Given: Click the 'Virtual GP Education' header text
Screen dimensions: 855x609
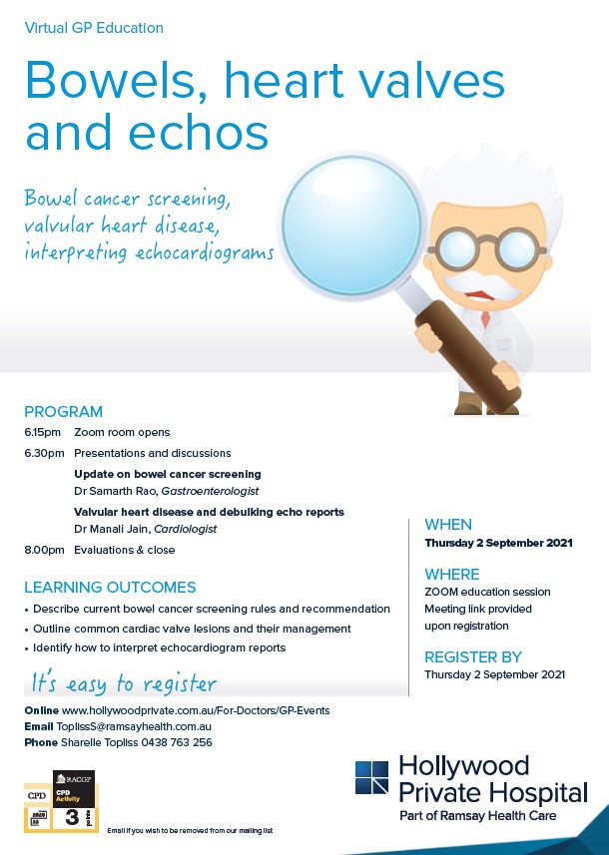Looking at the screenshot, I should click(x=94, y=28).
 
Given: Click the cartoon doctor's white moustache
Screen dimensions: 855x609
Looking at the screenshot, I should click(x=490, y=280).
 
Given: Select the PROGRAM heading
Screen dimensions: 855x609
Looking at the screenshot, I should click(x=63, y=411).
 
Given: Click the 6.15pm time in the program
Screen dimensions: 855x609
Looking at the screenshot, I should click(x=43, y=433).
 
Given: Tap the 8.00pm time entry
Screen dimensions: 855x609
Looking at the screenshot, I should click(x=43, y=550).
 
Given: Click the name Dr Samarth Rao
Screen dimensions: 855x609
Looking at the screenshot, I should click(x=122, y=492).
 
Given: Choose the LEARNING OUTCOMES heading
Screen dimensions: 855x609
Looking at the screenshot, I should click(x=110, y=588).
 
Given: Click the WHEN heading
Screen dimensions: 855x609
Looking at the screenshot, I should click(x=448, y=525).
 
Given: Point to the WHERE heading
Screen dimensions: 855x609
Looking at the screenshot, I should click(x=452, y=575).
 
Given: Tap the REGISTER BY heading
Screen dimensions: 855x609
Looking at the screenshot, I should click(x=473, y=656).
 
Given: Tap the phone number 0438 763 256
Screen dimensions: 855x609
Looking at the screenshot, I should click(x=183, y=742).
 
